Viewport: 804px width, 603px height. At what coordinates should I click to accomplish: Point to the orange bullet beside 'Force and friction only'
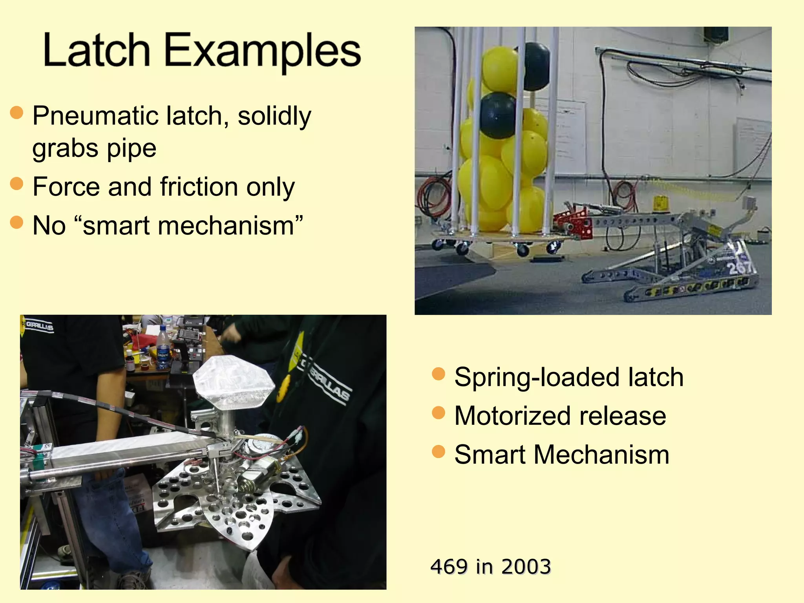tap(16, 183)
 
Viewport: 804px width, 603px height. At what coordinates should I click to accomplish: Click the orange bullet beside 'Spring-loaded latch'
tap(438, 374)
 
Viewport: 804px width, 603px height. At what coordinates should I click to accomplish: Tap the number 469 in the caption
tap(449, 566)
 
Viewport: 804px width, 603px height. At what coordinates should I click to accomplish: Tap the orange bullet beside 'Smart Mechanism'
tap(438, 451)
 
